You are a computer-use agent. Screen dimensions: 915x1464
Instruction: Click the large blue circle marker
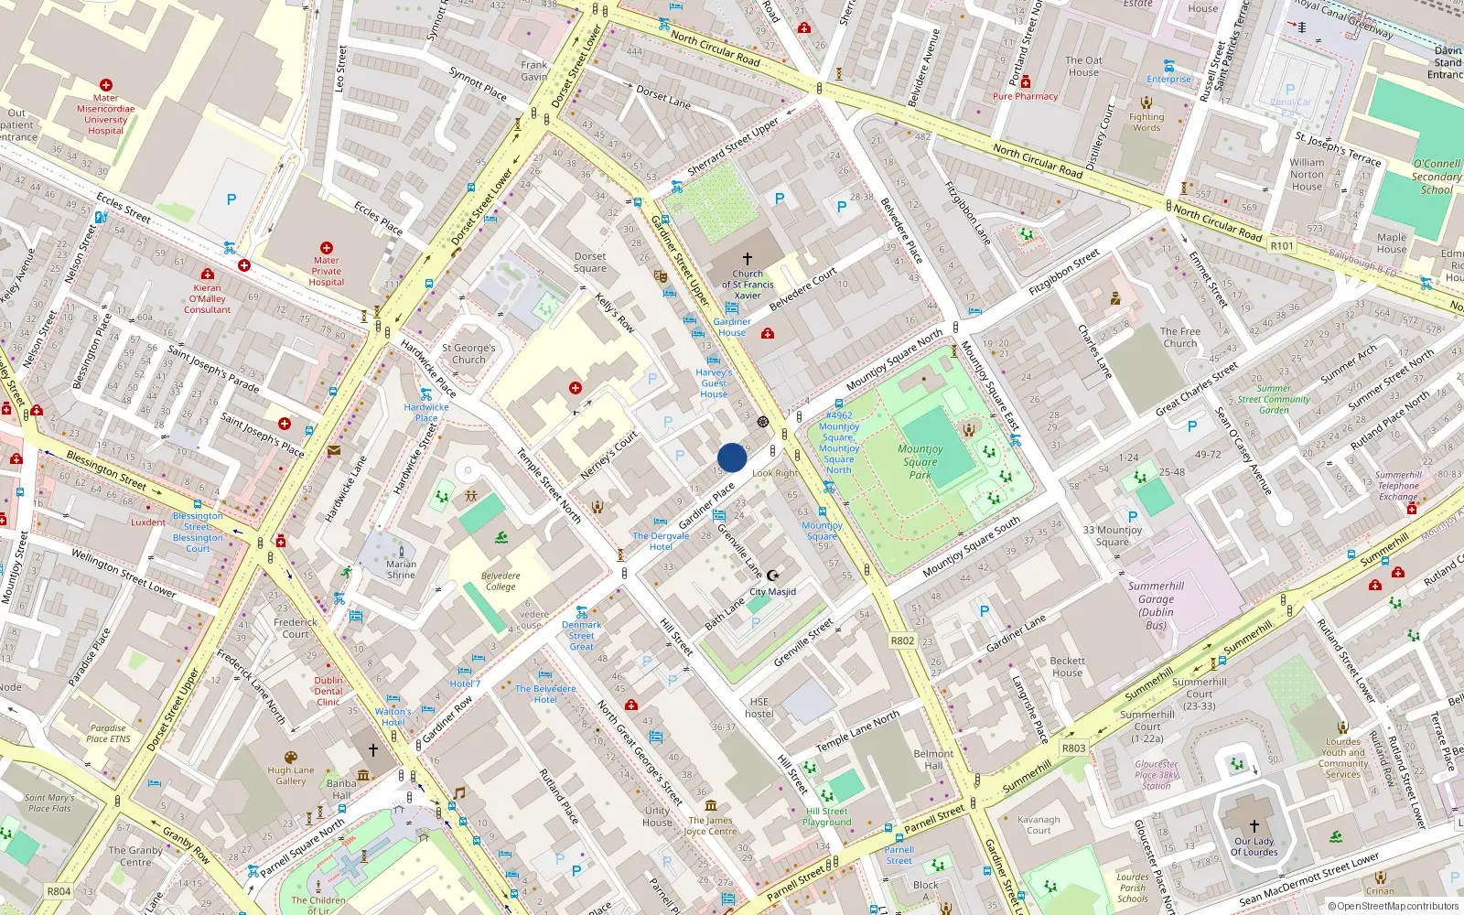click(x=732, y=457)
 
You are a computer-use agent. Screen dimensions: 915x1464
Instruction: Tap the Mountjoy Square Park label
click(x=920, y=461)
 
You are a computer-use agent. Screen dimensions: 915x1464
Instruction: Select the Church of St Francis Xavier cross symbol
click(x=748, y=259)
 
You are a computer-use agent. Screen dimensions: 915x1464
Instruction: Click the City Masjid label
click(x=772, y=592)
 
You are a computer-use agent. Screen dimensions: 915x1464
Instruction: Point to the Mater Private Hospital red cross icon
click(x=327, y=248)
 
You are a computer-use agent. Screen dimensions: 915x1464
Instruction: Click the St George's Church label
click(x=468, y=353)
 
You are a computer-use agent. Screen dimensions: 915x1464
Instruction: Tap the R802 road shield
click(x=902, y=640)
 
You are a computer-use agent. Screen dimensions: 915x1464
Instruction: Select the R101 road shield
click(x=1282, y=246)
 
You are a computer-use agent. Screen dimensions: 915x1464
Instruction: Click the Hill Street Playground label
click(x=828, y=816)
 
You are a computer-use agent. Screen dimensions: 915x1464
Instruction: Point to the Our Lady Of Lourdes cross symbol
click(x=1254, y=825)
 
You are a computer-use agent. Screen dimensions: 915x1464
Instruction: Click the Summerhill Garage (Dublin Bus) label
click(x=1156, y=606)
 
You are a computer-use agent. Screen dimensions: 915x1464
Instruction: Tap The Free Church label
click(x=1179, y=338)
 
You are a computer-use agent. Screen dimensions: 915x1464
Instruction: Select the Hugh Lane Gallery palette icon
click(x=291, y=758)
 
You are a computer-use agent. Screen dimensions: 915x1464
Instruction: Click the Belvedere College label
click(x=501, y=581)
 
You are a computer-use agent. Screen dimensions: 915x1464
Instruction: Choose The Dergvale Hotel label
click(x=661, y=541)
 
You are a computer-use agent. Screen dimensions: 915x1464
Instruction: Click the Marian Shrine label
click(x=401, y=569)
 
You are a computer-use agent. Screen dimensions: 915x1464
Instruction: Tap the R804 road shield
click(x=59, y=891)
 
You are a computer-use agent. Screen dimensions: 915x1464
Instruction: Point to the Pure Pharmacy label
click(x=1025, y=96)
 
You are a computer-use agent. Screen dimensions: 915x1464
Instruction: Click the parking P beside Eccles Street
click(x=231, y=199)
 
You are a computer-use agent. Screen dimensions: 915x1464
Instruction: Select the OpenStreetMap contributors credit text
click(x=1393, y=906)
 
